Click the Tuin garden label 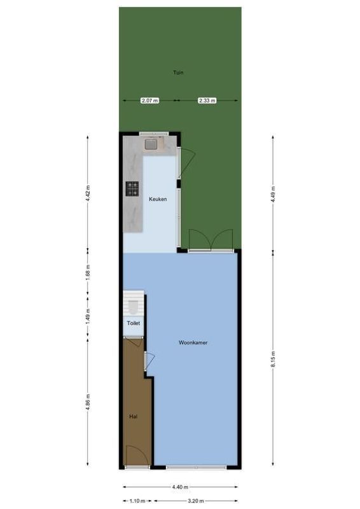click(x=179, y=73)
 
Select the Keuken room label click(x=158, y=199)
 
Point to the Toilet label click(x=133, y=323)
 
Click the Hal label click(x=134, y=417)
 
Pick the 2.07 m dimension click(x=149, y=101)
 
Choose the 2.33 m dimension click(x=207, y=101)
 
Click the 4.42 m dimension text click(x=88, y=193)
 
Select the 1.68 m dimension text click(x=88, y=271)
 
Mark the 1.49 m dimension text click(x=88, y=314)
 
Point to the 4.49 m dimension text click(x=273, y=193)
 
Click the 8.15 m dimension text click(x=273, y=359)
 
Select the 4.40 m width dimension click(x=179, y=487)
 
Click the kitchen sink click(x=151, y=144)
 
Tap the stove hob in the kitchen click(x=132, y=188)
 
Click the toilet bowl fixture click(x=132, y=308)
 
